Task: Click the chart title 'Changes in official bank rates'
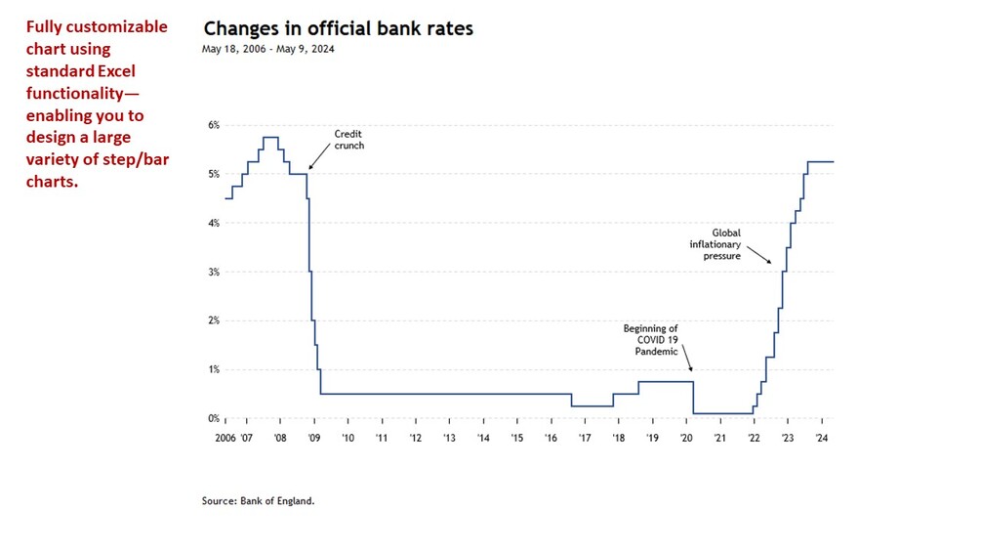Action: point(337,28)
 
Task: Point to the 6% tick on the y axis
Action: point(213,125)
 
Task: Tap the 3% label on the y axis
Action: point(213,272)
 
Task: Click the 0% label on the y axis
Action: point(213,418)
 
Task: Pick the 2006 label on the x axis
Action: point(226,438)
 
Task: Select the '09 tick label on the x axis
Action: point(314,438)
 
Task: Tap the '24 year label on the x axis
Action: point(822,438)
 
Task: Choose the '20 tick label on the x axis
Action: point(686,438)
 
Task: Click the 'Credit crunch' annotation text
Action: point(348,140)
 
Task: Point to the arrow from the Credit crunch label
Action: point(320,157)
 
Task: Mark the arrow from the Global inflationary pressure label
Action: point(763,257)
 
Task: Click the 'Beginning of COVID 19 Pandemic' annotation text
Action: point(650,340)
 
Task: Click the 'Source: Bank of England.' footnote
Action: point(259,501)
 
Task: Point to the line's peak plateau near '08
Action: point(270,137)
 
